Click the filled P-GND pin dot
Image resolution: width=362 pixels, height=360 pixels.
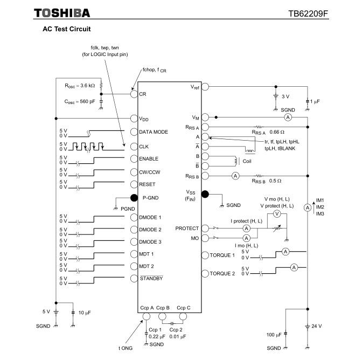(134, 198)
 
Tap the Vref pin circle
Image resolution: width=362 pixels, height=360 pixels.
(205, 87)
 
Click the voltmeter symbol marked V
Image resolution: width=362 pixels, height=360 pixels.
(276, 214)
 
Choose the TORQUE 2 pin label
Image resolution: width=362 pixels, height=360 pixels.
(222, 274)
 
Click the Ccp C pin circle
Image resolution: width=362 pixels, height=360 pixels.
(183, 316)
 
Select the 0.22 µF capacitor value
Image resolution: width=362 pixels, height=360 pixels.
(156, 336)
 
